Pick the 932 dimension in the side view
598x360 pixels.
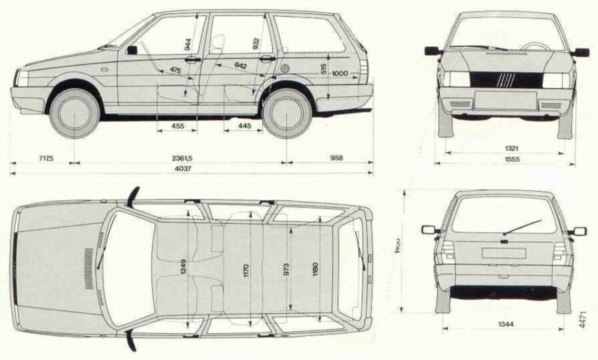pyautogui.click(x=257, y=44)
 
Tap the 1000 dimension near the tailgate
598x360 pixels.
pyautogui.click(x=340, y=73)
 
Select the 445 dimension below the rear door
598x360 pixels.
pyautogui.click(x=244, y=126)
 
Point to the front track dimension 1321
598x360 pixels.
pyautogui.click(x=505, y=149)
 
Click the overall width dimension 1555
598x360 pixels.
pyautogui.click(x=505, y=160)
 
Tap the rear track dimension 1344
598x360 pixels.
pyautogui.click(x=504, y=324)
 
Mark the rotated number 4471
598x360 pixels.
pyautogui.click(x=582, y=318)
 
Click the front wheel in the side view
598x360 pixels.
pyautogui.click(x=74, y=114)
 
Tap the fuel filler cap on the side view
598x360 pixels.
pyautogui.click(x=285, y=68)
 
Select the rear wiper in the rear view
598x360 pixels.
pyautogui.click(x=522, y=227)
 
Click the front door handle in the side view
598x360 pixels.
pyautogui.click(x=193, y=60)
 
